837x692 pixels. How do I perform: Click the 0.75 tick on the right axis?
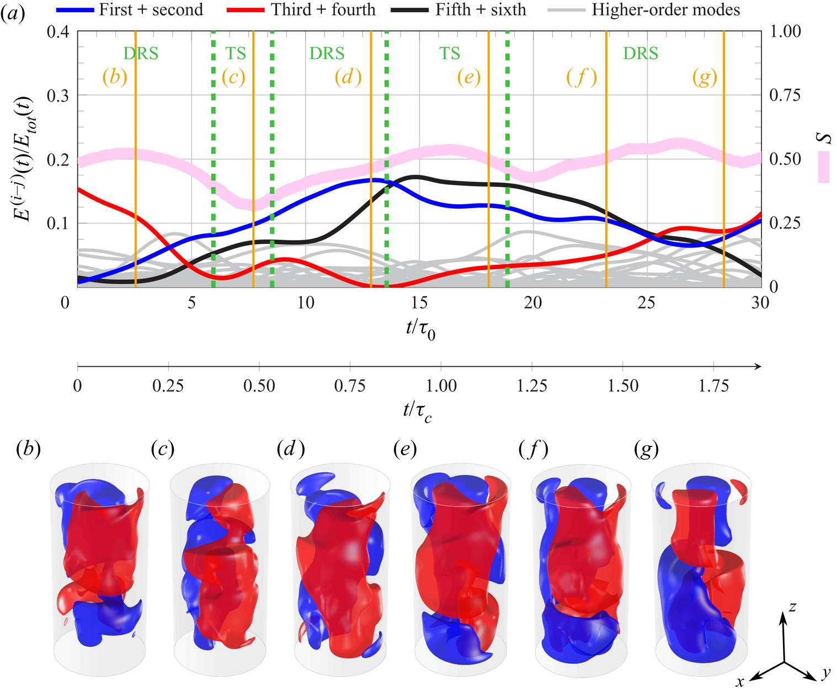point(785,95)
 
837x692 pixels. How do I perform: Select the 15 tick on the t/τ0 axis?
point(419,302)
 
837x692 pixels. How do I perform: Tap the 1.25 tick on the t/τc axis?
point(532,386)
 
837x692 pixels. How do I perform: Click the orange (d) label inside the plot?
point(348,77)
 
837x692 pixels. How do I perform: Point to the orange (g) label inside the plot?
point(705,77)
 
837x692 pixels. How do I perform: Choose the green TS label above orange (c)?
point(236,54)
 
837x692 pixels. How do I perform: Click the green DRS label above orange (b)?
point(141,54)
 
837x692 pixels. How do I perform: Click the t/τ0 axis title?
point(420,330)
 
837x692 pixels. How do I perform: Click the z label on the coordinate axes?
point(792,607)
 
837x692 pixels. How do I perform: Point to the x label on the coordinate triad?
point(740,682)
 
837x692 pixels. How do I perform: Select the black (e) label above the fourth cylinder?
point(405,450)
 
